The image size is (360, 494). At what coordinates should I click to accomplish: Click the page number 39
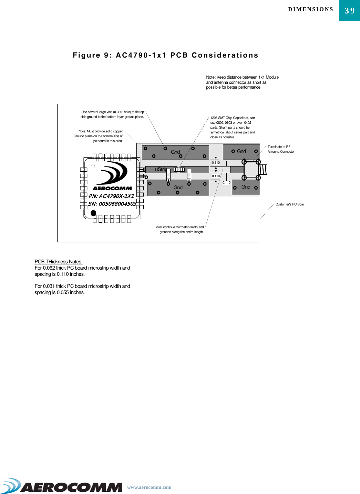350,11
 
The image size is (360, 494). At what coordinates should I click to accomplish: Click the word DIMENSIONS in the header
311,9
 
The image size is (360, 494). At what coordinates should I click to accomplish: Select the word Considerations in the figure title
225,55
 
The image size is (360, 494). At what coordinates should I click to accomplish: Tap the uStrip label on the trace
161,169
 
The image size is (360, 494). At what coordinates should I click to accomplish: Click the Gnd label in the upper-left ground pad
175,152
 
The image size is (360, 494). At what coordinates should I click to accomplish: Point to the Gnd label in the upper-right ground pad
241,151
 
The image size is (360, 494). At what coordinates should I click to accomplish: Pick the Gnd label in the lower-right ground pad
246,187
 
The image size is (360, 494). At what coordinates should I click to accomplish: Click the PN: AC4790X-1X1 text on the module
111,196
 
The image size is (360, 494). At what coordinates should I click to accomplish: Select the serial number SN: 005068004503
112,204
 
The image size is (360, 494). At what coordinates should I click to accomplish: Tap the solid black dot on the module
93,213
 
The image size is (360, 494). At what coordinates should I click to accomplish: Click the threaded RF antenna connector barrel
263,170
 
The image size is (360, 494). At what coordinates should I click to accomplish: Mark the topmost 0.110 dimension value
216,163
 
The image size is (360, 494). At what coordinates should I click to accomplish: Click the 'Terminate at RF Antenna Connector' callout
281,149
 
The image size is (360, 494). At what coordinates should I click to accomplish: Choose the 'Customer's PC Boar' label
289,204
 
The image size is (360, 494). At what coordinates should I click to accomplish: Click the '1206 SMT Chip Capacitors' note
233,127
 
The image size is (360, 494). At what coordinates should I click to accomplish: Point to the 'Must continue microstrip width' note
179,230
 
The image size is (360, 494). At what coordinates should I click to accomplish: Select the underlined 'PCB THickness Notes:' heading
59,262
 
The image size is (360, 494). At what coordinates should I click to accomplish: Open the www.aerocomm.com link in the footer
149,487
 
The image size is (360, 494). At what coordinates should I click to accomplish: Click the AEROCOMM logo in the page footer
62,486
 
